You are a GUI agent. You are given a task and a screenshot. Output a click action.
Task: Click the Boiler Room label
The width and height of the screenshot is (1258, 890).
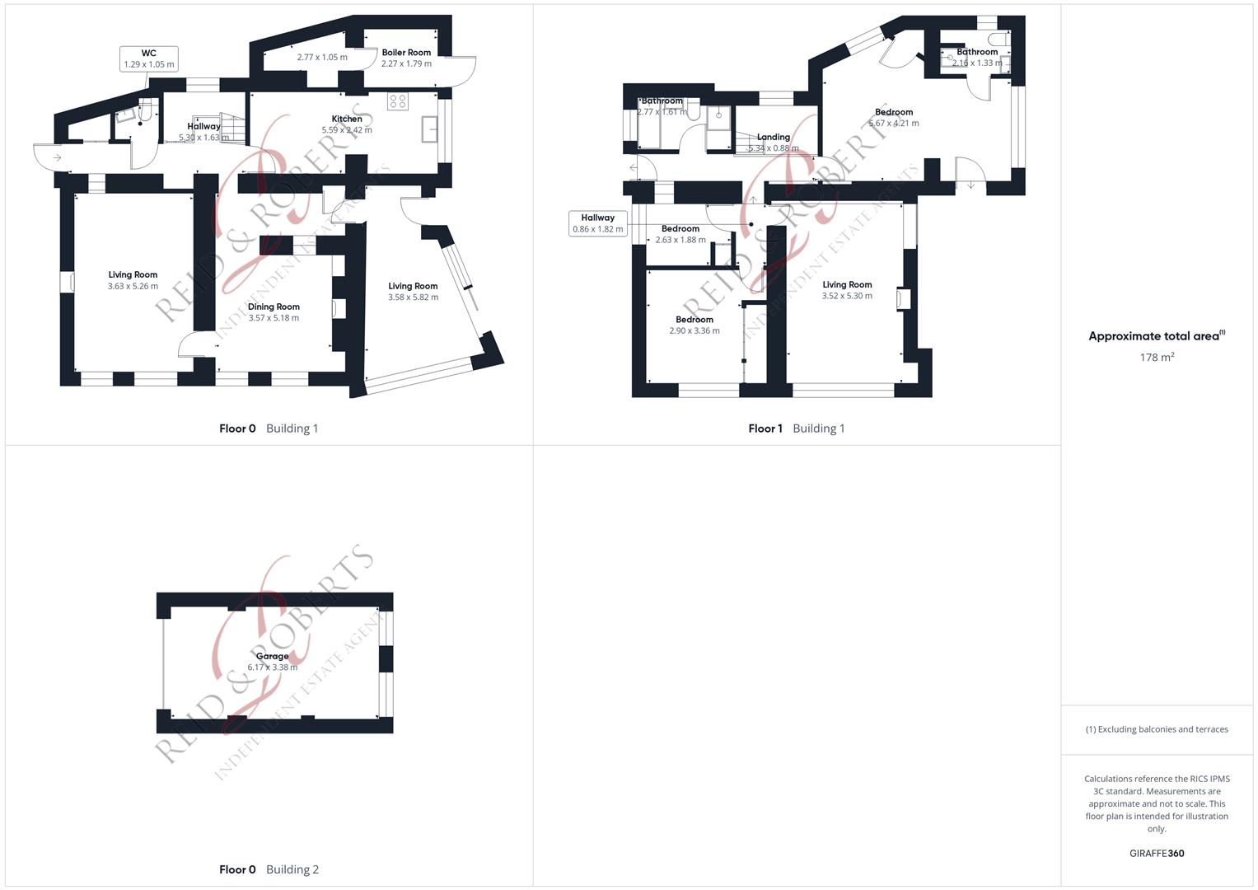[406, 53]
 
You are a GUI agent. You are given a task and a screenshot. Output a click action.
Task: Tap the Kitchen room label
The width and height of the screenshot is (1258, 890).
[347, 119]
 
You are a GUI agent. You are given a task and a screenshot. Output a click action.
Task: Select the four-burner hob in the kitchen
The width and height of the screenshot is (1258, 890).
[398, 101]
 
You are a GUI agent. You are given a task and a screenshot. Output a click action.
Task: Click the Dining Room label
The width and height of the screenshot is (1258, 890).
[274, 307]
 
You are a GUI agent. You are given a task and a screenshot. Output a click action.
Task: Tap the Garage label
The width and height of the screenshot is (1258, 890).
[272, 657]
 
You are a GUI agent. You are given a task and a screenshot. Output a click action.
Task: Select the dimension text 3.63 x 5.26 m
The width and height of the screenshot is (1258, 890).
[133, 286]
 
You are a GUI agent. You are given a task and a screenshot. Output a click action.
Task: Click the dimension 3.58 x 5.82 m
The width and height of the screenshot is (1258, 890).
[413, 297]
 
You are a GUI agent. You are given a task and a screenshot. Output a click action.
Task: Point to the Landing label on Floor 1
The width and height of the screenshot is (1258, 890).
[773, 138]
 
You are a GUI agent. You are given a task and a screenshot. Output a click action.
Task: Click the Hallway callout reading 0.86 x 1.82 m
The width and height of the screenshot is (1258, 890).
[598, 223]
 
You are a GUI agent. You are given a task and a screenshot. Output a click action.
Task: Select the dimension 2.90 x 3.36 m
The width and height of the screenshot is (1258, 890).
[694, 330]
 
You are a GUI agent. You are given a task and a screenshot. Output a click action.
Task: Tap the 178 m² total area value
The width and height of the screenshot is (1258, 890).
[1157, 357]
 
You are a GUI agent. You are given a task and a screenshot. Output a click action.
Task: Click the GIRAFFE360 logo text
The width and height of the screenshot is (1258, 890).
[1157, 853]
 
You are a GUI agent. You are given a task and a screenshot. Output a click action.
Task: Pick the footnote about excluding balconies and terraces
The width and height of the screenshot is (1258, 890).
[1157, 729]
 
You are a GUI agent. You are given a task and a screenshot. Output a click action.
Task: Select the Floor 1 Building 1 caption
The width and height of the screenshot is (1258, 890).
[796, 429]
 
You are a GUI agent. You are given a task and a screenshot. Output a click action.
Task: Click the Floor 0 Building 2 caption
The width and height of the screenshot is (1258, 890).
[269, 869]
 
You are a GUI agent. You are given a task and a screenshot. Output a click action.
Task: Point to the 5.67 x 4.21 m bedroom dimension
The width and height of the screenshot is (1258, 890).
[894, 124]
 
